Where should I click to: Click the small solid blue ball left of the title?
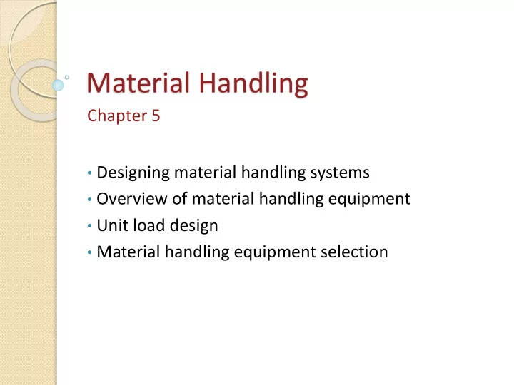[59, 85]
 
